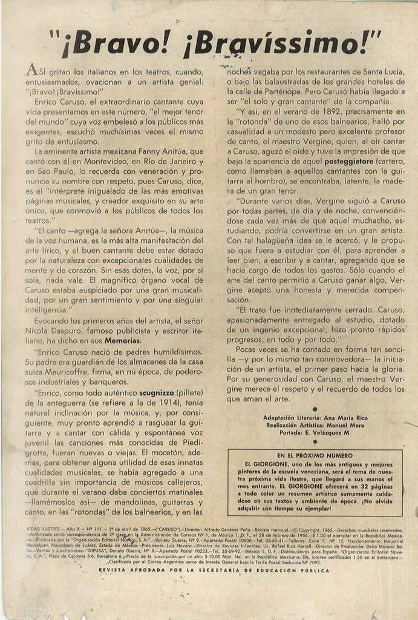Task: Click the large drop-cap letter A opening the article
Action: tap(33, 71)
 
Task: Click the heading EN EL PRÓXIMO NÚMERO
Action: tap(315, 455)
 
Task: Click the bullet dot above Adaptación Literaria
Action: tap(315, 409)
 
